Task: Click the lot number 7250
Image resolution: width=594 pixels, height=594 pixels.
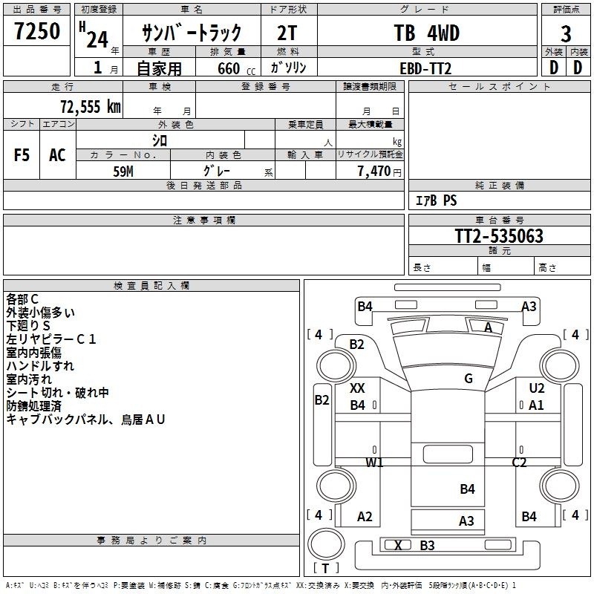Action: tap(37, 30)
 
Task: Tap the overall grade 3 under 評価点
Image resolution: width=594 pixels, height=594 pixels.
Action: tap(566, 34)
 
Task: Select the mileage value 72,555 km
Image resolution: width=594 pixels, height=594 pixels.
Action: tap(91, 107)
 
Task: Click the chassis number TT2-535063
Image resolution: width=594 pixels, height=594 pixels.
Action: tap(499, 236)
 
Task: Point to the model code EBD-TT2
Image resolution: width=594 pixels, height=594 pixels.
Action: tap(425, 68)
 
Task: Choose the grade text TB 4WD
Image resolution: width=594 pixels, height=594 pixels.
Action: tap(426, 33)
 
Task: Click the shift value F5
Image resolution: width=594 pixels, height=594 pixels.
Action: tap(22, 155)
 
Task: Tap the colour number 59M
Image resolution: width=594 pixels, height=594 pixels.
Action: tap(123, 172)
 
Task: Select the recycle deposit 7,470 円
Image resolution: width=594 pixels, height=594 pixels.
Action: tap(379, 172)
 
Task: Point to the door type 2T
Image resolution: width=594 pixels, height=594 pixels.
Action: tap(287, 33)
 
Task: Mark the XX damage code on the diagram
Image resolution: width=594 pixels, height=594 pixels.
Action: tap(357, 388)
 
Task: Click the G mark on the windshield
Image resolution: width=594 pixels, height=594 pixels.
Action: tap(469, 379)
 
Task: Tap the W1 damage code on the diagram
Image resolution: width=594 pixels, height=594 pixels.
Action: tap(374, 462)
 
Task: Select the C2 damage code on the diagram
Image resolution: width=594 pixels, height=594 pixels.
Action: tap(519, 462)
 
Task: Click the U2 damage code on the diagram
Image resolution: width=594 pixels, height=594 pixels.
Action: tap(536, 388)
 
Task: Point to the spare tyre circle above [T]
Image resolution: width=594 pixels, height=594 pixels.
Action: tap(326, 544)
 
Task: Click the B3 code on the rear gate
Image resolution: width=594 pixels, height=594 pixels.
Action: tap(428, 546)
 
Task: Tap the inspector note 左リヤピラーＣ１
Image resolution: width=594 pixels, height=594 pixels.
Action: tap(51, 339)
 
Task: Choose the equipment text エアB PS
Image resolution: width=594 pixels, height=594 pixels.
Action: tap(437, 200)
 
